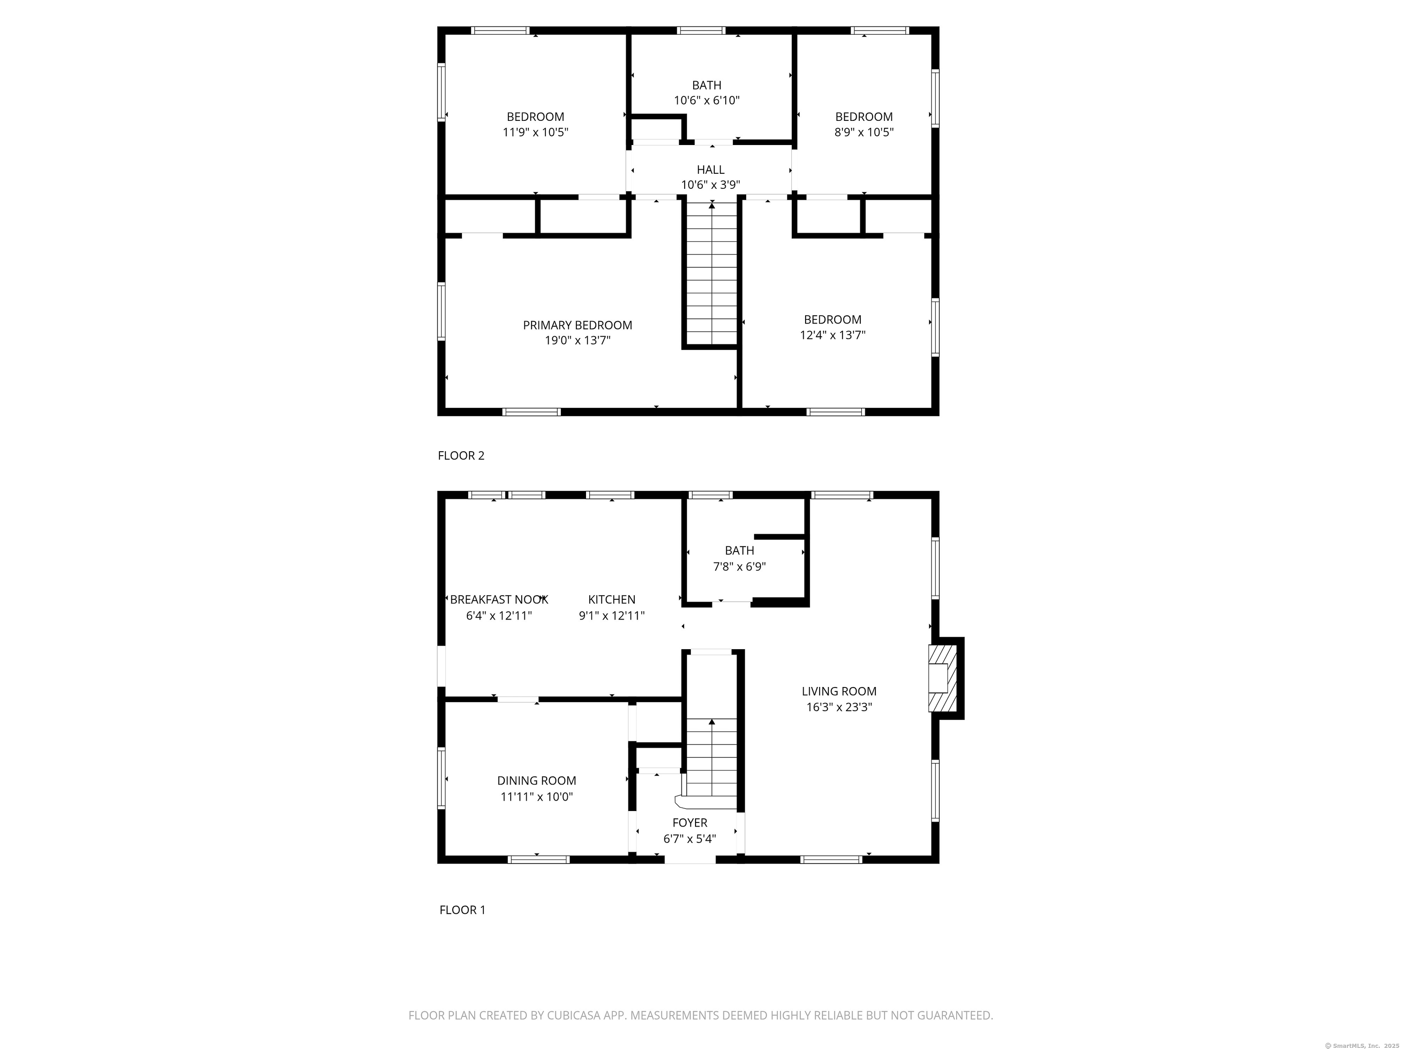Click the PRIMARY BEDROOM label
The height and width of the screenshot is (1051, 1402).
click(577, 325)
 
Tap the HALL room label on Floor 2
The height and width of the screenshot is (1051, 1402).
click(711, 170)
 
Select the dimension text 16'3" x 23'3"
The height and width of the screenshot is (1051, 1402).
click(839, 707)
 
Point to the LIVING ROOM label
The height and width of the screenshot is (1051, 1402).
click(839, 691)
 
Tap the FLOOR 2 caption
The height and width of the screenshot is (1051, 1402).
click(461, 456)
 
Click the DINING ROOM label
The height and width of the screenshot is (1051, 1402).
click(537, 781)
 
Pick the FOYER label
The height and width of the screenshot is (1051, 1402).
click(690, 823)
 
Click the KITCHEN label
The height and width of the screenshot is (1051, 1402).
click(612, 599)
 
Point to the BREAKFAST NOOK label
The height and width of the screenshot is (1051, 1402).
click(499, 599)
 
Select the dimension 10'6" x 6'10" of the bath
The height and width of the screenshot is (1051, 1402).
click(706, 100)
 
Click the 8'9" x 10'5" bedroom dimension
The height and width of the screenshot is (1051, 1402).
click(864, 132)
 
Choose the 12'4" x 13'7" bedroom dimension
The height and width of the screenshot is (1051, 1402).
click(833, 335)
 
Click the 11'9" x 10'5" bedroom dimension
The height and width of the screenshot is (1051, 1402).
click(536, 132)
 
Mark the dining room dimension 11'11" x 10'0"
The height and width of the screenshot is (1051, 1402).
click(537, 797)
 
